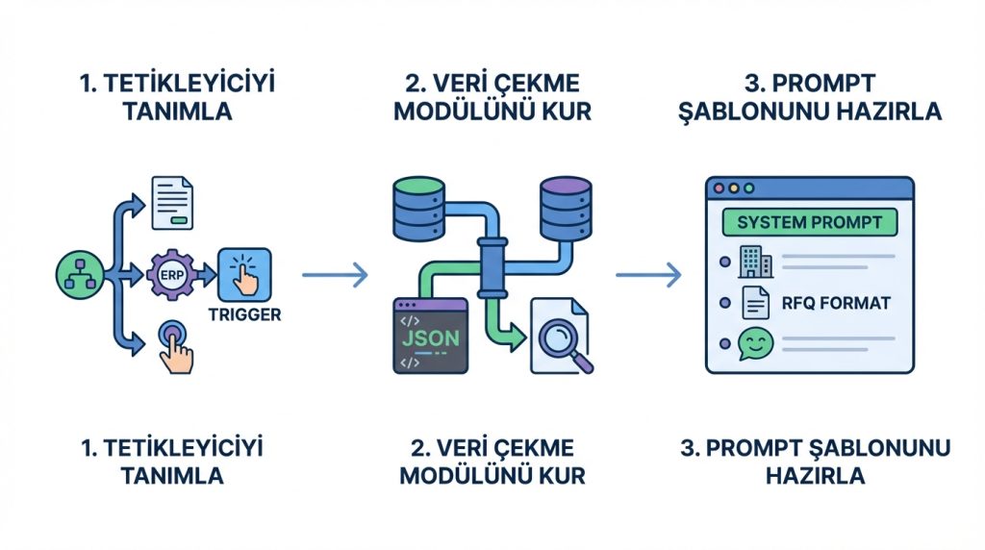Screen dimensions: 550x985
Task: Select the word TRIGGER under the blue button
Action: point(244,315)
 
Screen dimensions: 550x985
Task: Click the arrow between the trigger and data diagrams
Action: point(334,276)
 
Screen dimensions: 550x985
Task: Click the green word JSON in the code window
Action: point(429,337)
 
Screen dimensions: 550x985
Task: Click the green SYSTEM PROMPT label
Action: point(809,222)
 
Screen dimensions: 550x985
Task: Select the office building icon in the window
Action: point(752,259)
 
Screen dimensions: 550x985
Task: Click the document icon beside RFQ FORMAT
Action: point(753,303)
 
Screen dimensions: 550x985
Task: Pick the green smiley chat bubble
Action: point(754,344)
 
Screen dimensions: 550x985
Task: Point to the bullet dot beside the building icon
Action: point(722,261)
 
